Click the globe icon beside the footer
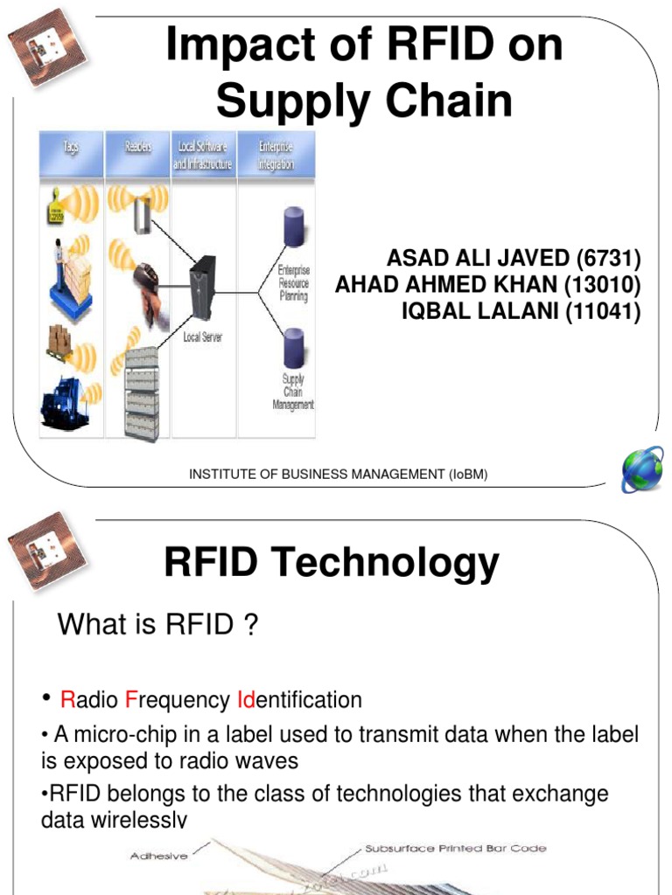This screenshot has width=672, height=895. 642,472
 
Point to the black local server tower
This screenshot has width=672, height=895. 203,288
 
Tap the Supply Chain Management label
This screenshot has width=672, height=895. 294,392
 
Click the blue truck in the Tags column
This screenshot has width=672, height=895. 66,403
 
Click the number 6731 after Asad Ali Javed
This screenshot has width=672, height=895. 609,260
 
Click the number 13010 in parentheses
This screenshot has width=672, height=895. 605,285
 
